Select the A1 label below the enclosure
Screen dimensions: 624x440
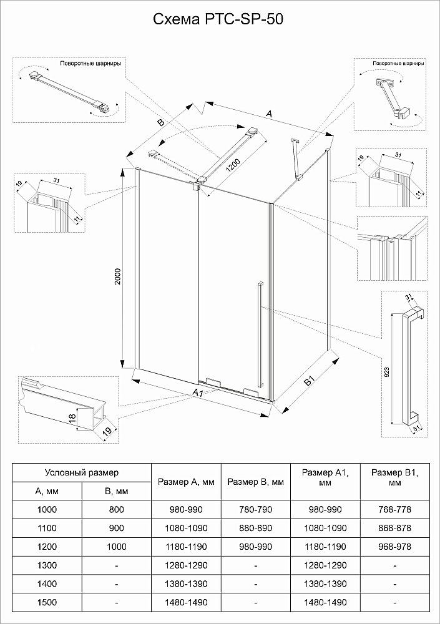197,392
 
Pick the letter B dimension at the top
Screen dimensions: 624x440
160,122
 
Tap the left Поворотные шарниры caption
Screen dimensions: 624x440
90,64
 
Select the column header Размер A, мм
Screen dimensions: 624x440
187,482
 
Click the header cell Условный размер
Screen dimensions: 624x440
81,474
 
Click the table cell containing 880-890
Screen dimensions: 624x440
256,528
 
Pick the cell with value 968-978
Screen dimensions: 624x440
394,547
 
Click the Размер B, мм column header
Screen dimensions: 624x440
256,482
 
